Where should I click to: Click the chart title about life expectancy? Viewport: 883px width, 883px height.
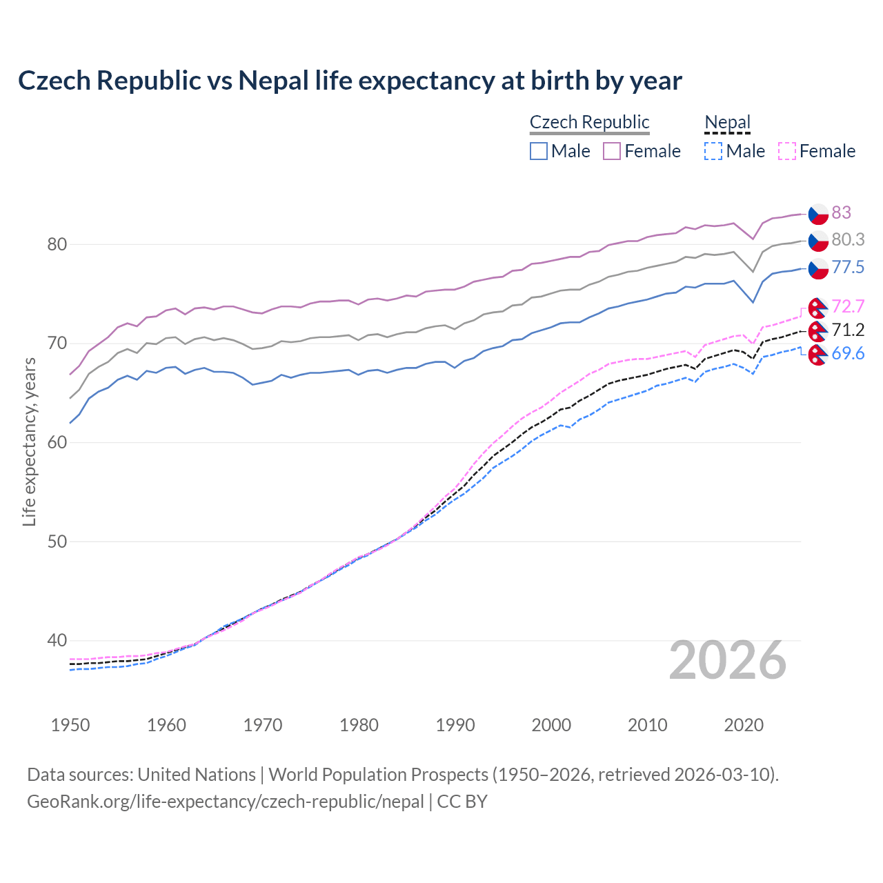(x=350, y=81)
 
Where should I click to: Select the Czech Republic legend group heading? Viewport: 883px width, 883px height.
(x=589, y=122)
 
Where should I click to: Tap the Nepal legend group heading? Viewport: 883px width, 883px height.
(x=727, y=122)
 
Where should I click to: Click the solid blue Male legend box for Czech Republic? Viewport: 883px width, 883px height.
(x=539, y=151)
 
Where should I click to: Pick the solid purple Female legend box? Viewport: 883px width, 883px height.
(x=612, y=151)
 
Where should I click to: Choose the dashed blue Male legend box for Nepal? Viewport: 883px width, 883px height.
(x=713, y=151)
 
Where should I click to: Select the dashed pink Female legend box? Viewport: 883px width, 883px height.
(x=787, y=151)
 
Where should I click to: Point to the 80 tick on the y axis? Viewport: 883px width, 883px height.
(x=57, y=244)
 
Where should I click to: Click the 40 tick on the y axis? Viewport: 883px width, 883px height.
(x=57, y=641)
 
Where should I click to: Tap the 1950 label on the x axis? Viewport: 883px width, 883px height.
(x=70, y=725)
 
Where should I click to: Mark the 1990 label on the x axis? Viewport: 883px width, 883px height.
(x=455, y=725)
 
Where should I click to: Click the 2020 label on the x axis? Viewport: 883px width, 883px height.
(x=744, y=725)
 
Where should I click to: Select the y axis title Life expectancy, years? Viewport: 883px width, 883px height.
(x=29, y=441)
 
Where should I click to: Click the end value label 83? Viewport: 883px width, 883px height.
(x=841, y=212)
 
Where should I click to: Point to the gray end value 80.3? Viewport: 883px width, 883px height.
(x=848, y=239)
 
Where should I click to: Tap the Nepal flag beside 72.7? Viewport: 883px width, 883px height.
(x=818, y=307)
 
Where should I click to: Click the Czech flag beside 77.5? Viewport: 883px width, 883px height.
(x=818, y=268)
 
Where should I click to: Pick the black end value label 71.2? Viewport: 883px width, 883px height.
(x=848, y=330)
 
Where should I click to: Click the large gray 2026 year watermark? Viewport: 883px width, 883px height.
(x=727, y=660)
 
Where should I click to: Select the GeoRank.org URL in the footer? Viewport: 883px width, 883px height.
(x=226, y=802)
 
